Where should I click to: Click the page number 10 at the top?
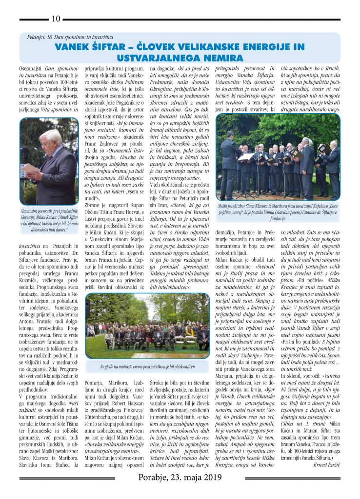click(56, 19)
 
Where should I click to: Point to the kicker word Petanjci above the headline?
click(38, 37)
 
